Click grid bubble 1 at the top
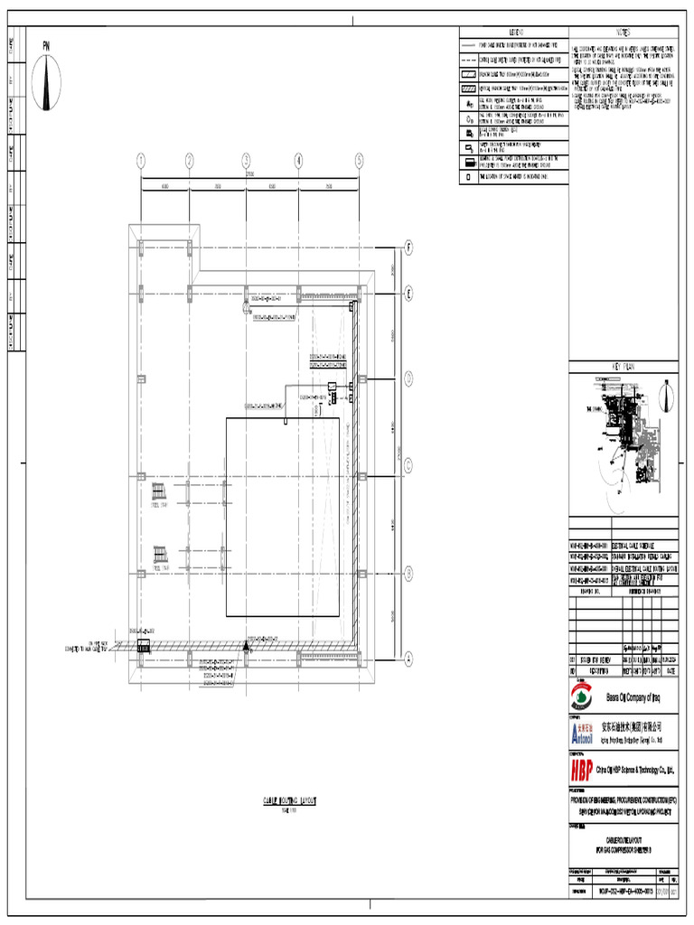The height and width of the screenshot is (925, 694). point(141,161)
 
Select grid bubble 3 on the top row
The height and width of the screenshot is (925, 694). point(246,161)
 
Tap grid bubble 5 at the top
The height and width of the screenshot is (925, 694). point(359,161)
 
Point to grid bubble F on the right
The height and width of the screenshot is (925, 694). point(408,247)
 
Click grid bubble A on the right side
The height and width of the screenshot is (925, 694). point(408,658)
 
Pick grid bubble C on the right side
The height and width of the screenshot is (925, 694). point(408,466)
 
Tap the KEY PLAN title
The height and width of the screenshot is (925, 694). point(623,367)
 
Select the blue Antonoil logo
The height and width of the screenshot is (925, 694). point(583,730)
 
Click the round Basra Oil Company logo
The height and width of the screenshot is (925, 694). point(583,697)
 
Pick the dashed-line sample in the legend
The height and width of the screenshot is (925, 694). point(469,59)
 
